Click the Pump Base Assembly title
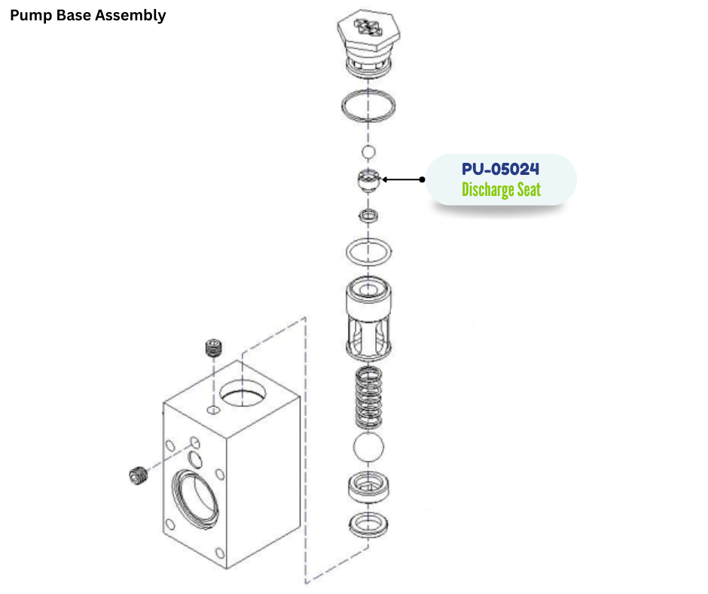tap(87, 15)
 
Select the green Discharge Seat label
tap(501, 190)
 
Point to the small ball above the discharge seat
tap(368, 153)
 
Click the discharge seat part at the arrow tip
tap(367, 181)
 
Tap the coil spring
tap(368, 397)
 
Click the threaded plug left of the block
tap(136, 476)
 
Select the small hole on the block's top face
tap(213, 410)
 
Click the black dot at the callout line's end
tap(423, 179)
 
